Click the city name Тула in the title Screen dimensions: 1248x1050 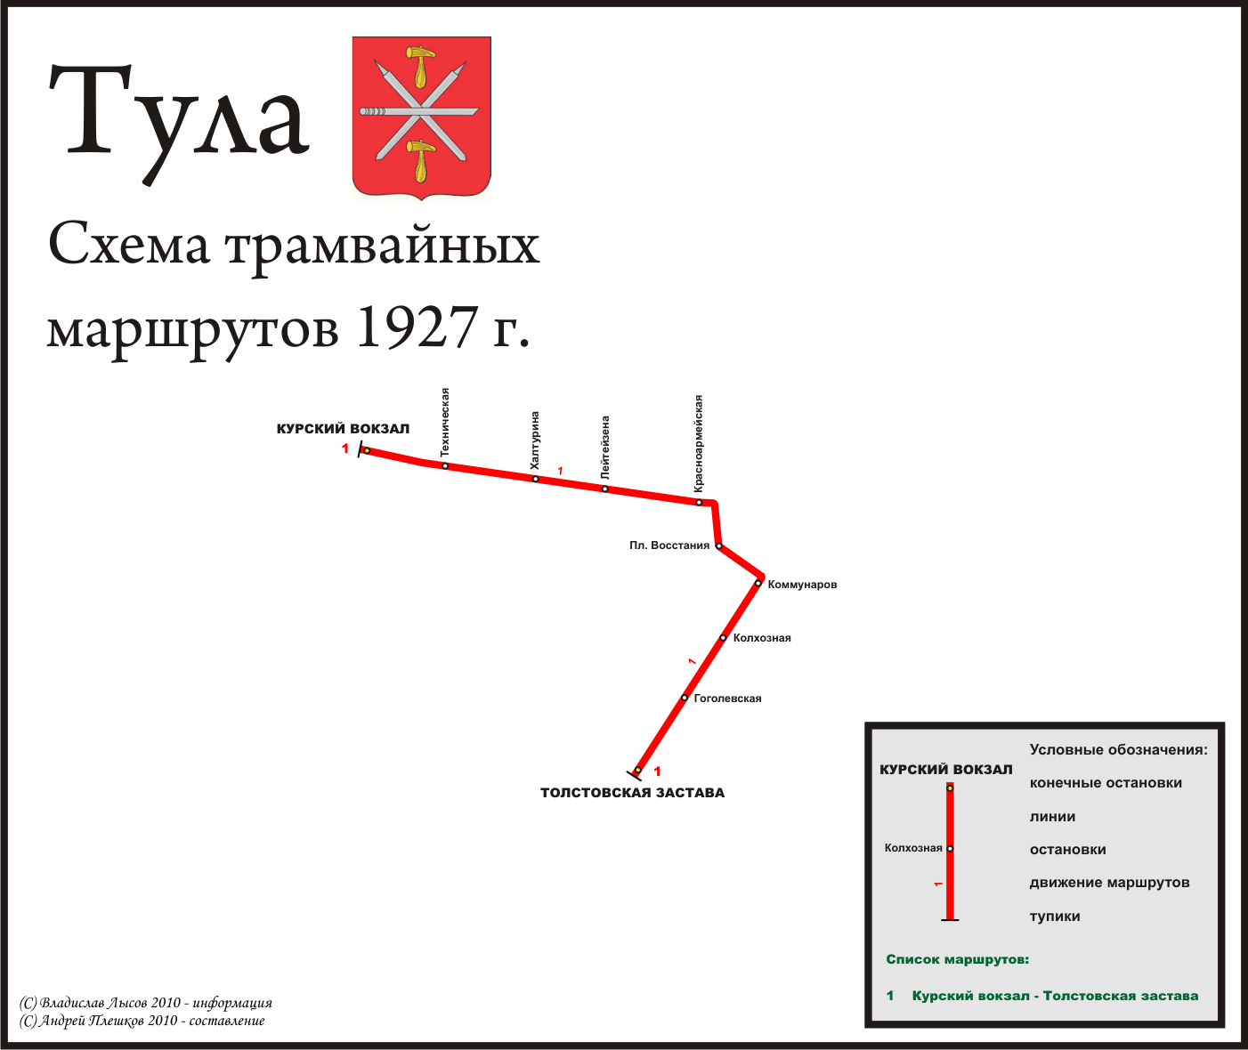[178, 123]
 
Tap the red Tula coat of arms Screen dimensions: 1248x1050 [421, 118]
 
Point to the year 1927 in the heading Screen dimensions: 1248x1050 [417, 327]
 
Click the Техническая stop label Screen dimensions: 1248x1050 [444, 422]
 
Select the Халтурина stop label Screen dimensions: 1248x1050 [534, 440]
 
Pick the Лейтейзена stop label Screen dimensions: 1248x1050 [605, 448]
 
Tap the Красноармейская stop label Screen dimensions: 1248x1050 [698, 443]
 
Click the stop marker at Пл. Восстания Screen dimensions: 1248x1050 [719, 545]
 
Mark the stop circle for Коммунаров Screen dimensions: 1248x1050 [758, 583]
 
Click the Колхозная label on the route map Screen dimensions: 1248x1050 [761, 638]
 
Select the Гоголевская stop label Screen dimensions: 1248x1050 [727, 698]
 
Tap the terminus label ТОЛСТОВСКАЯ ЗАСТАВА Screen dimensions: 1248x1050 [632, 793]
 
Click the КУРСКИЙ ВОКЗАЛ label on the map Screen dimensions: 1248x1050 [343, 429]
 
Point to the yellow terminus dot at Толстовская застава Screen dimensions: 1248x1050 [637, 770]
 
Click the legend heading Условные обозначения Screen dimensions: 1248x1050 [1118, 749]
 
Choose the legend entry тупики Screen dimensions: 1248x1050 [1054, 916]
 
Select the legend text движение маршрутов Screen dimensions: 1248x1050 [1109, 882]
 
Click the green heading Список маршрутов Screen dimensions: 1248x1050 [957, 959]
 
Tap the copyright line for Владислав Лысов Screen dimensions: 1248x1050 [145, 1002]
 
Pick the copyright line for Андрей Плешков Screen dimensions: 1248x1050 [142, 1020]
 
